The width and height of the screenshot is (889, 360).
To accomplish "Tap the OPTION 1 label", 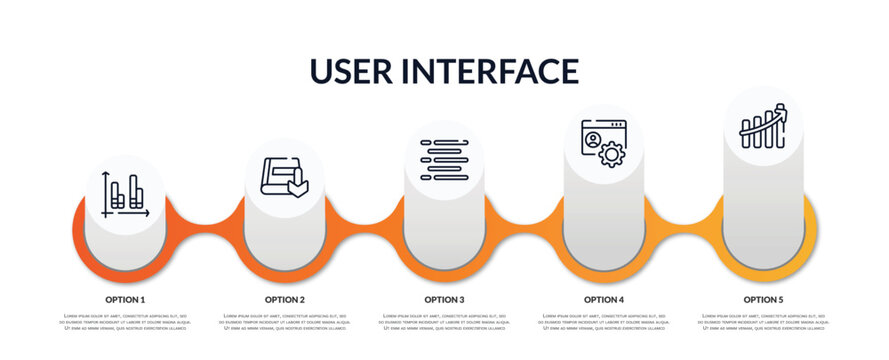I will coord(125,299).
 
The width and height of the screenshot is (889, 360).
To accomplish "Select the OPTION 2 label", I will coord(285,299).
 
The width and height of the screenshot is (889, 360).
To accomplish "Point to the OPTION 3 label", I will coord(444,299).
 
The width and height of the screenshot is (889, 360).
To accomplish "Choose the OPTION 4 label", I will coord(604,299).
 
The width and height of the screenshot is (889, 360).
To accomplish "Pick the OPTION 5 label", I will coord(764,299).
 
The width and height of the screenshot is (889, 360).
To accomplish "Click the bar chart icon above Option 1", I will coord(125,194).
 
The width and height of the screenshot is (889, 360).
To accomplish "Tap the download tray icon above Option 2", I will coord(285,176).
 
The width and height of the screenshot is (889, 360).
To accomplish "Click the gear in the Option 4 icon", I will coord(612,154).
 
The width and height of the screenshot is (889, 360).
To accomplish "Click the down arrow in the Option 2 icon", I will coord(297,184).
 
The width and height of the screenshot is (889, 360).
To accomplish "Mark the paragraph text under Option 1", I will coord(125,323).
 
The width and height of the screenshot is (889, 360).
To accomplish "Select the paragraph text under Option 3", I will coord(444,323).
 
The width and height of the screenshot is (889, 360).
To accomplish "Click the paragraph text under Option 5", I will coord(764,323).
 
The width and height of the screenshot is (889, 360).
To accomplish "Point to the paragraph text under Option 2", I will coord(285,323).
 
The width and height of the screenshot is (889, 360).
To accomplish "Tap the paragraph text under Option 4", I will coord(604,323).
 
